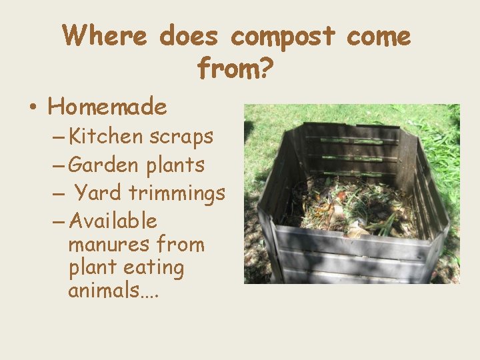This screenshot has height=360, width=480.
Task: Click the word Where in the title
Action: click(104, 35)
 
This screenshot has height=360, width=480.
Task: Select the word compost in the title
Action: click(283, 37)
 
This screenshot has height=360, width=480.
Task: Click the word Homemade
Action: click(107, 107)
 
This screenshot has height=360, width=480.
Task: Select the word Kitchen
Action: click(106, 137)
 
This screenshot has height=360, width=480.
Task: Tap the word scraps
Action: click(181, 137)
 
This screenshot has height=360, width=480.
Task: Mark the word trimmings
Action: click(177, 193)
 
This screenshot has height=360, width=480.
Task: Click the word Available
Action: click(113, 220)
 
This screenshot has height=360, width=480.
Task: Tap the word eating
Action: click(157, 268)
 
